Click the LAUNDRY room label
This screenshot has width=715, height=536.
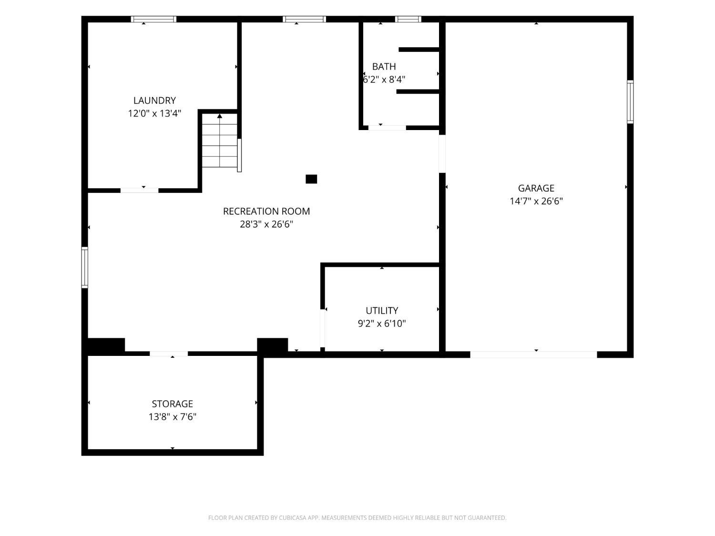coord(154,100)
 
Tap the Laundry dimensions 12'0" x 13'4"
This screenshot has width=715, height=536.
coord(154,113)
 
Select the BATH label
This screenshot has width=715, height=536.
coord(384,66)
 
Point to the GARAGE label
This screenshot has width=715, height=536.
coord(536,188)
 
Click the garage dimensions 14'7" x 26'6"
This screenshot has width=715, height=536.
coord(536,201)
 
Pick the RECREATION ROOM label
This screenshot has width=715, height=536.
coord(266,211)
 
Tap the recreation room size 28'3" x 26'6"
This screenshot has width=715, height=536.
coord(266,224)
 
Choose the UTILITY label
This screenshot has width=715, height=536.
coord(382,311)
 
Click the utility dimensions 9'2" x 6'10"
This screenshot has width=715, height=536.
coord(382,324)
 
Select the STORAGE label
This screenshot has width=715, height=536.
coord(173,404)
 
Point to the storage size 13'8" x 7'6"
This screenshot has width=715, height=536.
coord(173,417)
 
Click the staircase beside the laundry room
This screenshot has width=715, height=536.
coord(220,140)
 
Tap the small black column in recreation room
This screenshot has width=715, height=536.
coord(311,179)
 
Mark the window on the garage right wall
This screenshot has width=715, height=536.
coord(630,102)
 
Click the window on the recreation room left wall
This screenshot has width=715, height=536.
coord(85,267)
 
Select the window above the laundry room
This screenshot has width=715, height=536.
coord(153,19)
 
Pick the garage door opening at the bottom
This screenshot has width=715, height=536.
coord(533,355)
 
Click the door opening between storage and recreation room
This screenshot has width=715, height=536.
coord(169,354)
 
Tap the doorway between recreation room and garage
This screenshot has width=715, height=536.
coord(442,153)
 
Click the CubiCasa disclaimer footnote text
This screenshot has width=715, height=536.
coord(357,518)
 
